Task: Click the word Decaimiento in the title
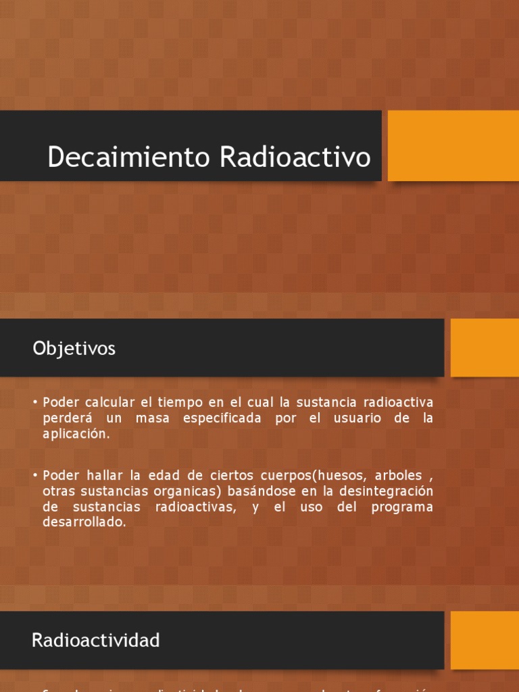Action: click(x=128, y=157)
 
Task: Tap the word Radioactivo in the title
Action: click(x=295, y=157)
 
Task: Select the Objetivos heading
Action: click(x=74, y=349)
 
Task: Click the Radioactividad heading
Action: click(x=96, y=641)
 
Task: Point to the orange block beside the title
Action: click(x=453, y=146)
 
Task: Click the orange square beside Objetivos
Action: click(x=484, y=347)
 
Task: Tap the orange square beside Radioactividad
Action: click(x=484, y=641)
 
